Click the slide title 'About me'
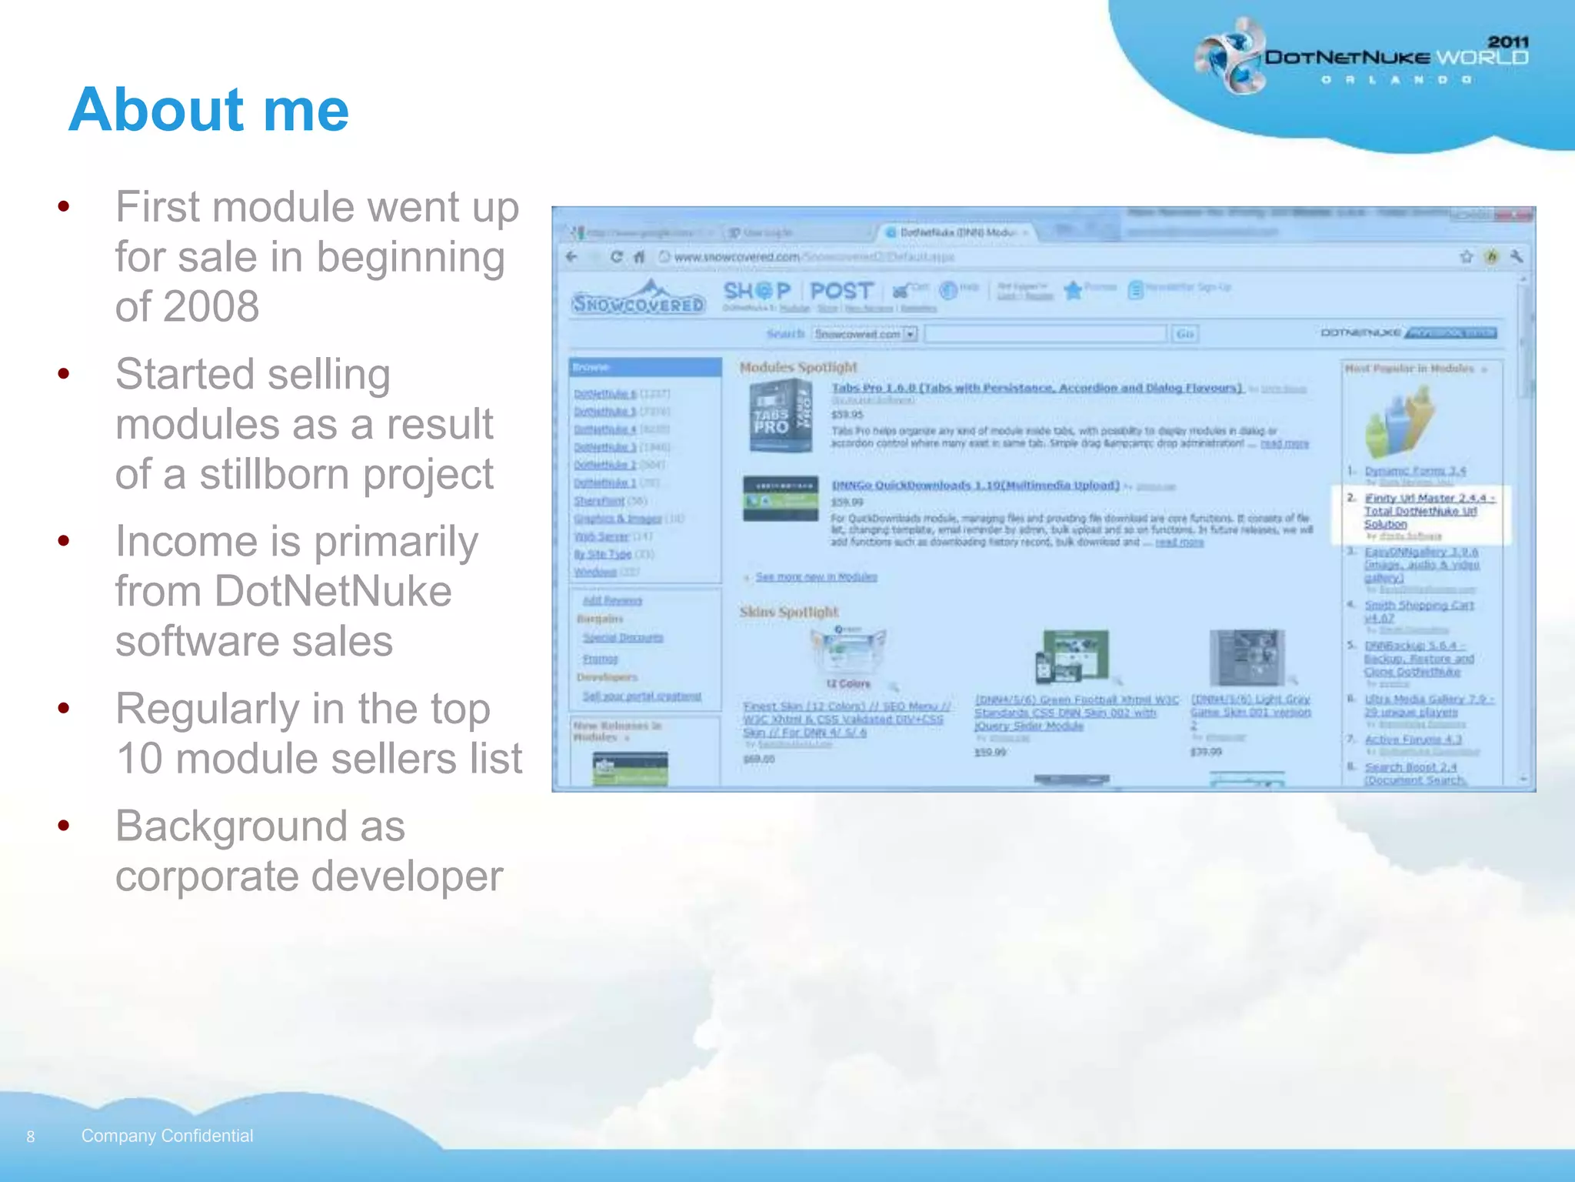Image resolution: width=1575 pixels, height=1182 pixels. (x=208, y=109)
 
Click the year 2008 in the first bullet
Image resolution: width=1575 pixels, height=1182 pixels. (x=187, y=306)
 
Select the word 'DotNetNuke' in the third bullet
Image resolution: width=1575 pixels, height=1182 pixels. (x=332, y=591)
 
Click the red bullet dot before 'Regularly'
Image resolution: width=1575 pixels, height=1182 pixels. (x=64, y=708)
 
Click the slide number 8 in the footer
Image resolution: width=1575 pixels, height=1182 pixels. (x=31, y=1137)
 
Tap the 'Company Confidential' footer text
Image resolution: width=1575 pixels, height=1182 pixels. (x=167, y=1136)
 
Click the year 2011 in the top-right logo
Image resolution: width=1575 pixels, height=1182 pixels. (x=1508, y=42)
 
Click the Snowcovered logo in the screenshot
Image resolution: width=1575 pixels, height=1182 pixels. (x=638, y=300)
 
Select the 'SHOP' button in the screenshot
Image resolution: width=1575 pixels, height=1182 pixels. (x=757, y=291)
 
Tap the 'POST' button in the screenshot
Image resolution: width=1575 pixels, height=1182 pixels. (x=841, y=291)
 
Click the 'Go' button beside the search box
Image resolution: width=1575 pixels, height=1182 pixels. (x=1185, y=333)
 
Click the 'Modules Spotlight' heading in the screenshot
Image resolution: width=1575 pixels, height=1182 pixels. (x=797, y=367)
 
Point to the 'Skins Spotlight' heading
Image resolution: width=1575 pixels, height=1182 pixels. (x=788, y=612)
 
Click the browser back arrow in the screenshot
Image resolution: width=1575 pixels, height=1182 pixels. (x=571, y=257)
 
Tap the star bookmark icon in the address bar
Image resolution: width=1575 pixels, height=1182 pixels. (x=1467, y=257)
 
